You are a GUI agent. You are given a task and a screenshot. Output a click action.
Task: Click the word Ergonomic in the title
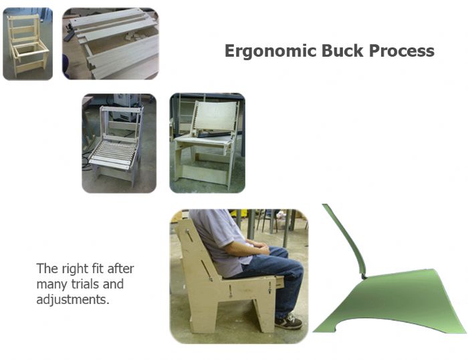pyautogui.click(x=270, y=51)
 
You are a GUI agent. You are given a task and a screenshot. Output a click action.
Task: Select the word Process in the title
pyautogui.click(x=401, y=50)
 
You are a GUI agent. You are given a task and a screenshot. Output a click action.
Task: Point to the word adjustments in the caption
pyautogui.click(x=73, y=299)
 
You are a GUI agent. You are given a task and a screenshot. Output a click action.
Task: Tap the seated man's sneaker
pyautogui.click(x=288, y=322)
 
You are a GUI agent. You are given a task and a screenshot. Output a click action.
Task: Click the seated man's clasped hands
pyautogui.click(x=259, y=248)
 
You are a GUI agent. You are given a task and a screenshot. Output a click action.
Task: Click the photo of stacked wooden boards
pyautogui.click(x=110, y=43)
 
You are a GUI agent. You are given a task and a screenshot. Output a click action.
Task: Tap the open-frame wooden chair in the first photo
pyautogui.click(x=27, y=45)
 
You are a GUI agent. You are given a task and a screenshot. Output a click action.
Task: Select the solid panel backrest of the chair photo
pyautogui.click(x=217, y=116)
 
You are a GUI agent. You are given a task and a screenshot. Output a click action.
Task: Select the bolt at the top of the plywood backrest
pyautogui.click(x=187, y=230)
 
